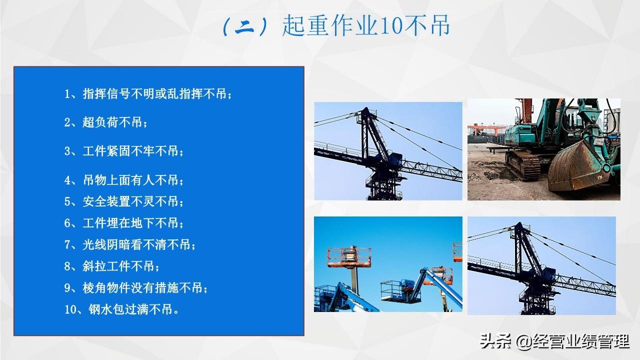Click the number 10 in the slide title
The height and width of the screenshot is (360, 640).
(x=391, y=25)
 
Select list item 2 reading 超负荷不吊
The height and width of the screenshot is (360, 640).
(x=105, y=122)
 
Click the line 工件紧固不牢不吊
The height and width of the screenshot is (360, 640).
(x=123, y=151)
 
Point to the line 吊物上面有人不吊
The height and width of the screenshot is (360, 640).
(x=123, y=180)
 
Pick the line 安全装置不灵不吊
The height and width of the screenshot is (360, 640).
(x=123, y=201)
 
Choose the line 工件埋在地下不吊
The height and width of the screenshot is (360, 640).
(x=123, y=223)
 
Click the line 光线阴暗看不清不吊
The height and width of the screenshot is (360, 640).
(x=130, y=245)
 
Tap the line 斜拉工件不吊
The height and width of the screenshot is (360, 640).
(x=111, y=266)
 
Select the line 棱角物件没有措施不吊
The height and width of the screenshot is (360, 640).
(x=136, y=288)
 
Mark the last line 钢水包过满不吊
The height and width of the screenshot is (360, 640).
(x=121, y=309)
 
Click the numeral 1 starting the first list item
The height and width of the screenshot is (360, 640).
(x=67, y=94)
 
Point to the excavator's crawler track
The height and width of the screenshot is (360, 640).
(x=522, y=165)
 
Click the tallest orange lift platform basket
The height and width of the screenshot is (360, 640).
(x=349, y=256)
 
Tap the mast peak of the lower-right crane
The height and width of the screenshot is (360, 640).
(x=520, y=224)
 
